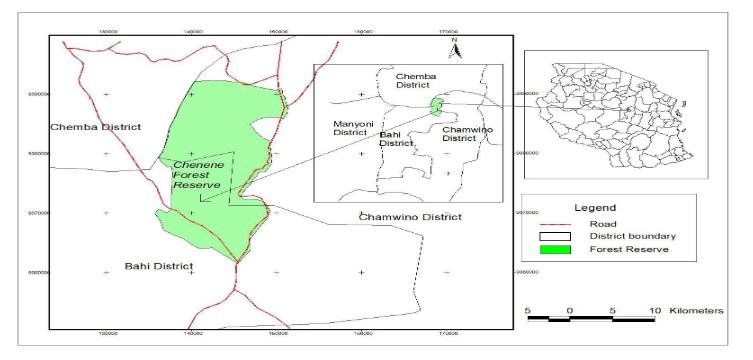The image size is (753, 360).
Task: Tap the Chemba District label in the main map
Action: (96, 127)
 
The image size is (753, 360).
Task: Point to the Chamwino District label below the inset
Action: (410, 217)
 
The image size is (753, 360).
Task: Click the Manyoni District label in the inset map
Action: (350, 127)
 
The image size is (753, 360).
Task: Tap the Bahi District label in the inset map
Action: (396, 138)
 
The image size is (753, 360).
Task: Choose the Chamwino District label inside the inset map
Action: (459, 132)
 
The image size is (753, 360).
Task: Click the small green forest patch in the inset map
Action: (435, 105)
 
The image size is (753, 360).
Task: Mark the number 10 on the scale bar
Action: (654, 310)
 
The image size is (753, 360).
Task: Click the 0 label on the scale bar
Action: (569, 310)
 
